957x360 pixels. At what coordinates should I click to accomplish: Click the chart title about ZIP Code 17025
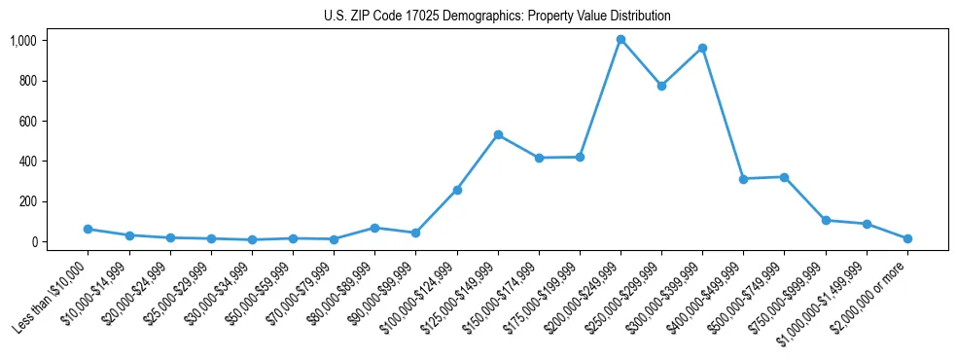coord(497,17)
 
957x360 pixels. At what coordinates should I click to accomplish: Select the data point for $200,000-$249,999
coord(620,40)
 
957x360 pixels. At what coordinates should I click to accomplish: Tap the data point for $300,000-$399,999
coord(702,48)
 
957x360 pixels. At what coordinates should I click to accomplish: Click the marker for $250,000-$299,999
coord(661,86)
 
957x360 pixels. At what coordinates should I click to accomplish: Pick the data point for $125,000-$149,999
coord(498,134)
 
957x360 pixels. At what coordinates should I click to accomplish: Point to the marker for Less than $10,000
coord(89,229)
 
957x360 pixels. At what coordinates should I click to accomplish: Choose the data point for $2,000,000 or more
coord(907,238)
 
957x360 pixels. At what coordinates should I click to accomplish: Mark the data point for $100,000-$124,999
coord(457,190)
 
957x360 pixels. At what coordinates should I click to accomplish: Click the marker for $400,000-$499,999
coord(743,179)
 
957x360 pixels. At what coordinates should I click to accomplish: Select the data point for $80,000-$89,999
coord(374,228)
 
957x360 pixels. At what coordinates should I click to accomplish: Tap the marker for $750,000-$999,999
coord(826,220)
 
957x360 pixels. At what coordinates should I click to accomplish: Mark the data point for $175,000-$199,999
coord(580,157)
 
